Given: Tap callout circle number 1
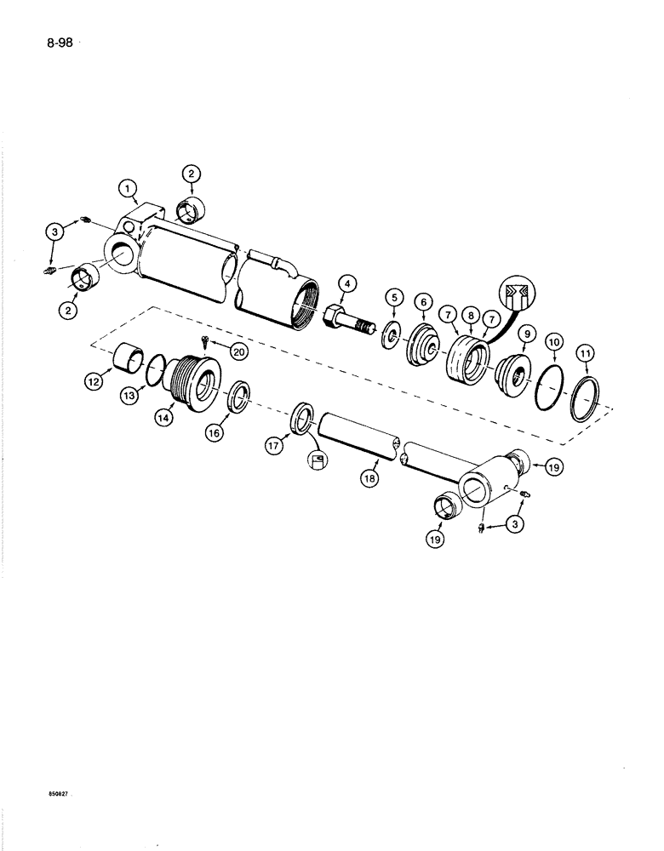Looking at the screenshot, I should [x=128, y=187].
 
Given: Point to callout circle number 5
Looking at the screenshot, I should [x=394, y=298].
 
